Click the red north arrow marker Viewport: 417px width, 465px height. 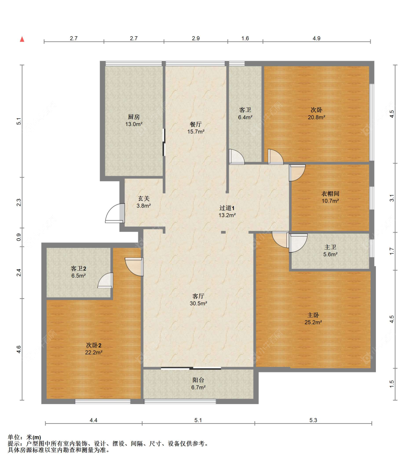[22, 39]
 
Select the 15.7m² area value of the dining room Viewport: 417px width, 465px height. [196, 132]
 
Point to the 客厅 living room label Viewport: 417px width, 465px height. [198, 296]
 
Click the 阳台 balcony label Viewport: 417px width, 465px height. [198, 380]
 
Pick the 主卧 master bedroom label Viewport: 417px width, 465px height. [313, 315]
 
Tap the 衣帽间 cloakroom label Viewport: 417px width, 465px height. [330, 194]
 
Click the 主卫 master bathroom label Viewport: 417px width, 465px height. [330, 247]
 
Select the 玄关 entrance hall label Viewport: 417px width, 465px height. [144, 198]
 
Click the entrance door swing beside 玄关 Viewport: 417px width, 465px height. [115, 213]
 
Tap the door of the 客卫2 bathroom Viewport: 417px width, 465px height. [106, 280]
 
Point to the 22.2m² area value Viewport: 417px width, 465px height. [94, 352]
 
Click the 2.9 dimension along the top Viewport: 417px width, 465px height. [196, 38]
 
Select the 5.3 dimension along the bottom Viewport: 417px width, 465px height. [313, 420]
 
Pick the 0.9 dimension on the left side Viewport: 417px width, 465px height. [19, 237]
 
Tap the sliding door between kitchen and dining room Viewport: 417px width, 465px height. [163, 142]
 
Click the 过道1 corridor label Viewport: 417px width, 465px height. [227, 208]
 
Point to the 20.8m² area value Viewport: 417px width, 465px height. [317, 117]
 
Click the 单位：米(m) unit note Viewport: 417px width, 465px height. [24, 437]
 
